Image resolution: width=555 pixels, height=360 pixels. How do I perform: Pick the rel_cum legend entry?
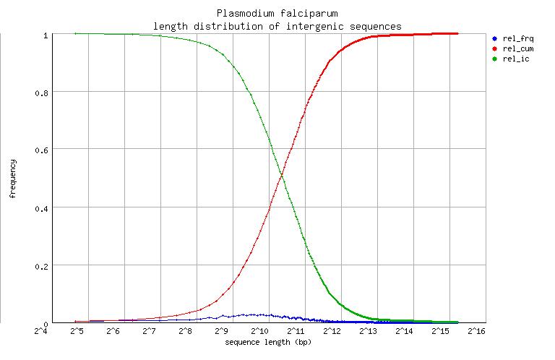[517, 48]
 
